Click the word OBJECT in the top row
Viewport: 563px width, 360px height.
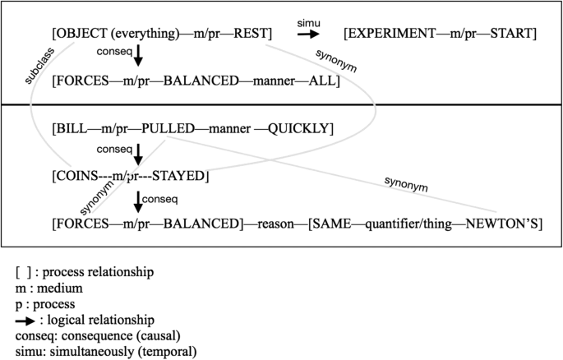[80, 34]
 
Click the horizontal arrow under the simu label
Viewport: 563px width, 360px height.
[309, 35]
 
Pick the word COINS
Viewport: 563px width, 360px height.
[77, 175]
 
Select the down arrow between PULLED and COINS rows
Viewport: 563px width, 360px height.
[137, 152]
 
